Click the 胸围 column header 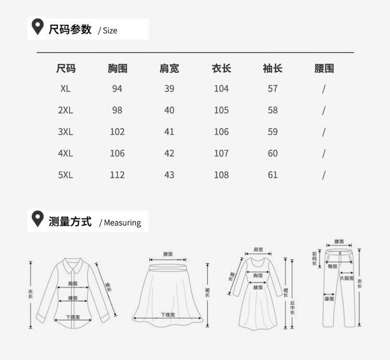pos(117,69)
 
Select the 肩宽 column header pos(169,69)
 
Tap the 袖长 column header pos(272,69)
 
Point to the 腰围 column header pos(324,69)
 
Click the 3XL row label pos(66,132)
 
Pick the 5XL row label pos(66,175)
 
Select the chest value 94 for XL pos(117,88)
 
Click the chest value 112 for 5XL pos(117,175)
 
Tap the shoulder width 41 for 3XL pos(169,132)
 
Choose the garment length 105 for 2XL pos(221,110)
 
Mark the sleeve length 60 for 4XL pos(272,153)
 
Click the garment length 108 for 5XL pos(221,175)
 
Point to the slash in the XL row pos(323,88)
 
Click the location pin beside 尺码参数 pos(37,27)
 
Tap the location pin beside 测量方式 pos(37,219)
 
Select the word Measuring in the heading pos(122,223)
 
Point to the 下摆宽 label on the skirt pos(167,315)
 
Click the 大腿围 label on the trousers pos(346,278)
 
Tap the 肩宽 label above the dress pos(258,250)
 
